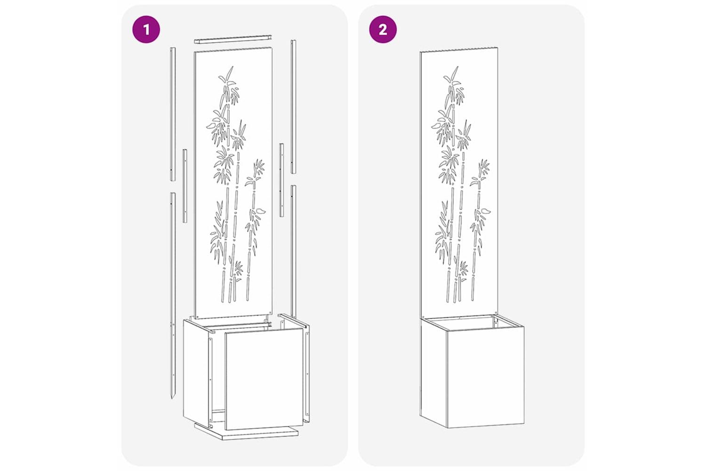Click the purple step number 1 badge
point(146,30)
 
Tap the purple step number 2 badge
point(383,30)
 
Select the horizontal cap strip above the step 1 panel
point(233,39)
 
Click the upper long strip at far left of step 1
point(173,114)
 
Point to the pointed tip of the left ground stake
point(172,399)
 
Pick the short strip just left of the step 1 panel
point(185,186)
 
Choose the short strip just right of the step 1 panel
point(281,180)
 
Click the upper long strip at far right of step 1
point(293,106)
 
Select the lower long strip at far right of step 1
point(293,251)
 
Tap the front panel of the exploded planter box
point(263,379)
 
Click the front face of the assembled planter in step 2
point(485,378)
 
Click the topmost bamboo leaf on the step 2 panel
point(455,72)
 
